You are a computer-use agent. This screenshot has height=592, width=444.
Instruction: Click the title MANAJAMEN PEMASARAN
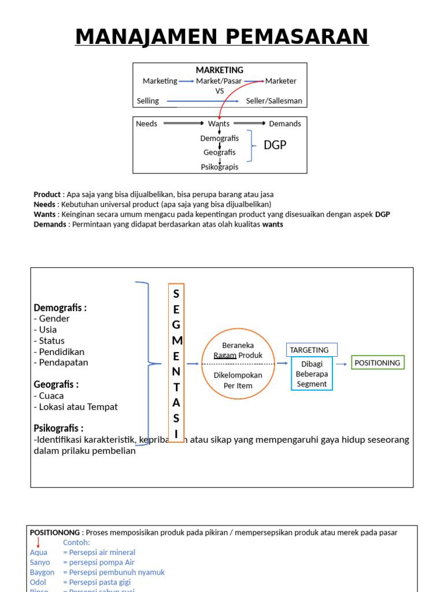point(222,37)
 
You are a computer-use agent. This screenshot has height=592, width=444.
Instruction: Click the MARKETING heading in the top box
point(220,70)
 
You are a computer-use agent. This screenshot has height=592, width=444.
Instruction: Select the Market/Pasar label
point(219,81)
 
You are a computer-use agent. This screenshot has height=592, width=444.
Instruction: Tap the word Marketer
point(280,81)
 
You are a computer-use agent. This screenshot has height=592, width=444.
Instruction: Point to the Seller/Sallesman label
point(274,101)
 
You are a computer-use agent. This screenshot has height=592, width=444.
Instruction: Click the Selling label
point(148,101)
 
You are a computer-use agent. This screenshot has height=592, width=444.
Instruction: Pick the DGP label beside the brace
point(275,145)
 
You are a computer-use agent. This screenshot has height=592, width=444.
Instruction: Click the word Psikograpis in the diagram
point(220,167)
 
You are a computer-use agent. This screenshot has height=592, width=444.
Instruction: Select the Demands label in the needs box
point(285,124)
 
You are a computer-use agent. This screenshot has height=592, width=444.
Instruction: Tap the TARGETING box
point(312,350)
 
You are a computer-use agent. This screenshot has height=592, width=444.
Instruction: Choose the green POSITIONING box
point(378,362)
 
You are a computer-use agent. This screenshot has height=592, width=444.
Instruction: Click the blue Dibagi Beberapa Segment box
point(312,374)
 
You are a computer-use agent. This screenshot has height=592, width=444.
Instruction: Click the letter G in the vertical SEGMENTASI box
point(176,325)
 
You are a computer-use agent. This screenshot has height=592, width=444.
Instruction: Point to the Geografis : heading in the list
point(56,384)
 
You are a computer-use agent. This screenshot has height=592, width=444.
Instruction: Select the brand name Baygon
point(42,572)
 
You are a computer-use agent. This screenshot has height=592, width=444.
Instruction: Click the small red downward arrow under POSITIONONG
point(39,542)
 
